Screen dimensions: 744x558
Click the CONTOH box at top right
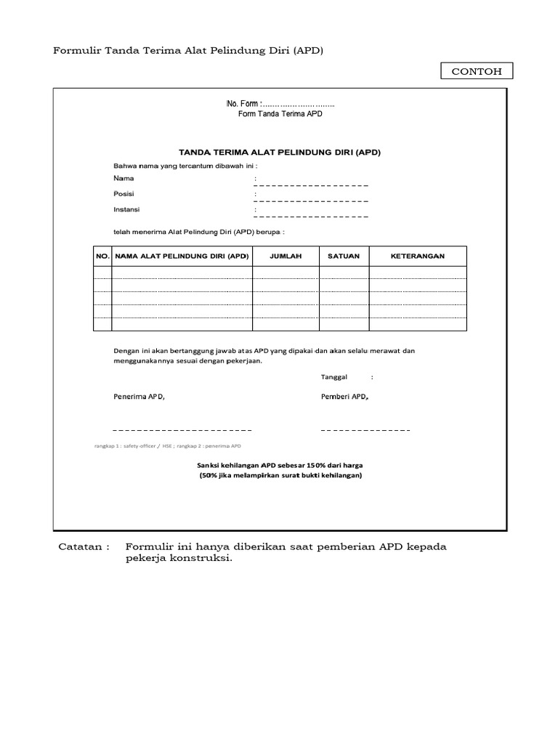point(476,71)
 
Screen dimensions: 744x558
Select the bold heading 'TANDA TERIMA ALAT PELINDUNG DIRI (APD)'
point(280,153)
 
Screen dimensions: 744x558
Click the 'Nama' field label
point(124,178)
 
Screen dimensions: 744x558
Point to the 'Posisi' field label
point(124,194)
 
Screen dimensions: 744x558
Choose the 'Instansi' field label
point(126,209)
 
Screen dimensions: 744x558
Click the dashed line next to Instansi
point(311,217)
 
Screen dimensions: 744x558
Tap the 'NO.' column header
point(102,256)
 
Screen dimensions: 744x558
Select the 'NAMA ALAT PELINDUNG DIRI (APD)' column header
point(182,256)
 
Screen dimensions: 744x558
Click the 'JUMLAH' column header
point(286,256)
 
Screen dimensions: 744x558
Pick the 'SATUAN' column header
point(344,256)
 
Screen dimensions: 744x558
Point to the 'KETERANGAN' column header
point(418,256)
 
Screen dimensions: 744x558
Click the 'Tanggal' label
point(334,377)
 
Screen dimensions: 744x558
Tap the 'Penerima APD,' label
point(139,397)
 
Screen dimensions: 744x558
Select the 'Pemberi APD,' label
point(344,397)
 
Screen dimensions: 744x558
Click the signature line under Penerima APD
point(182,430)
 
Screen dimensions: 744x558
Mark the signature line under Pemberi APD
point(365,430)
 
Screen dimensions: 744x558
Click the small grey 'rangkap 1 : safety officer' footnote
point(167,446)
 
